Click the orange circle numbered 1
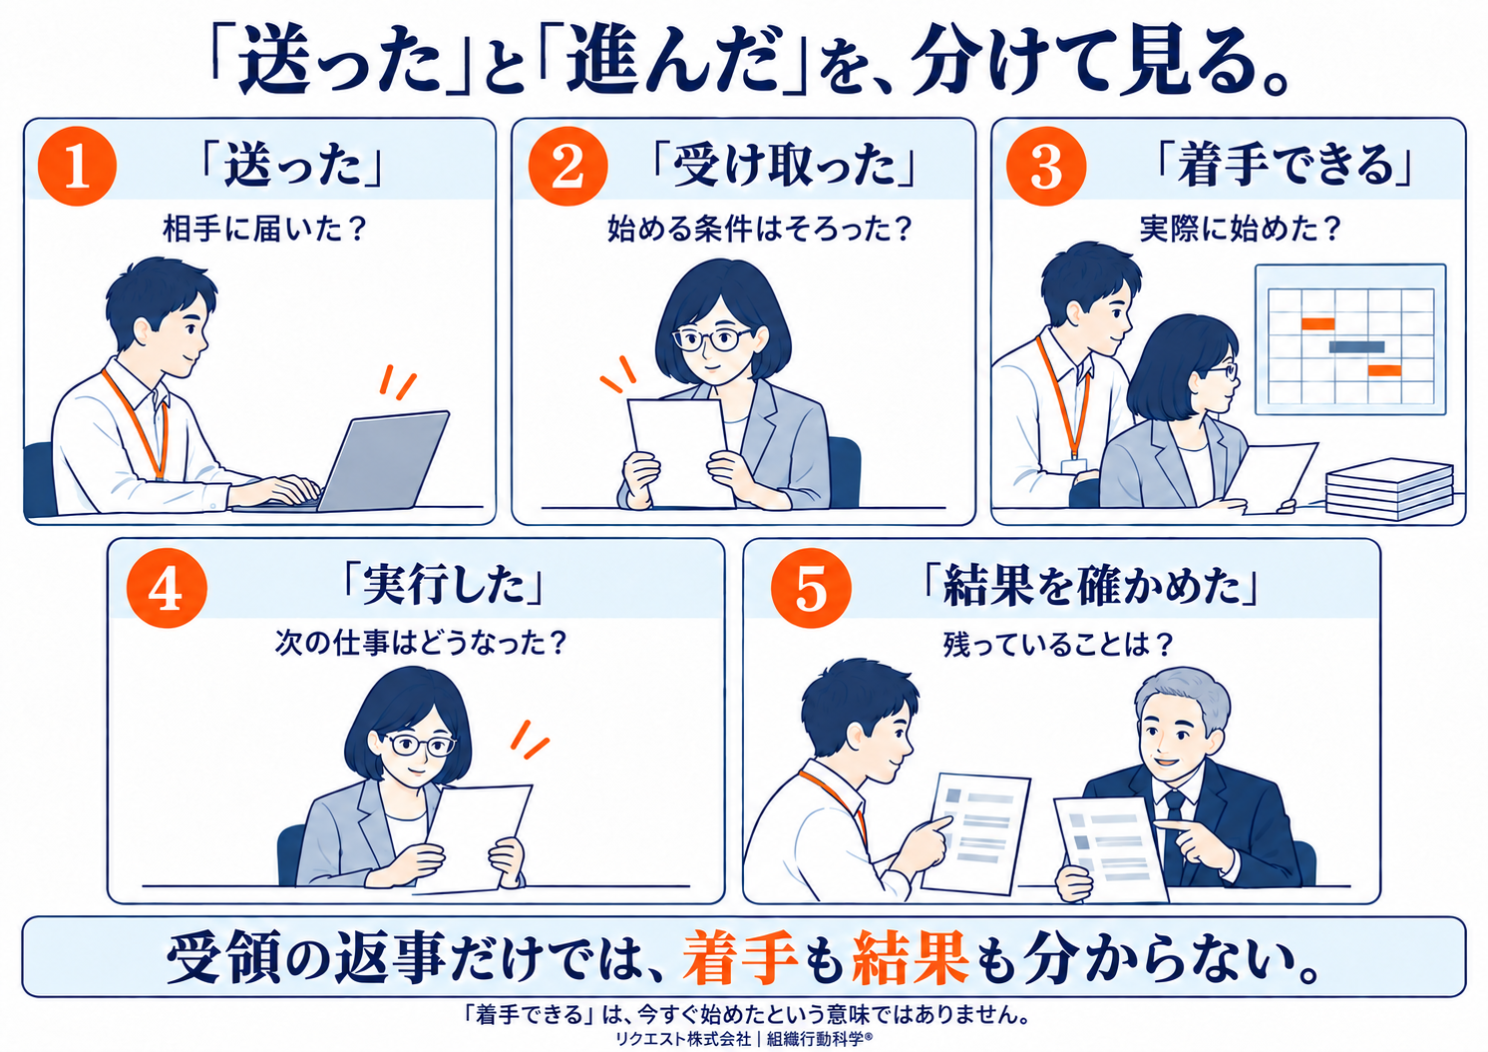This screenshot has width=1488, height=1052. (x=77, y=166)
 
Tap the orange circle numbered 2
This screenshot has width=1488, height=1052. (x=567, y=166)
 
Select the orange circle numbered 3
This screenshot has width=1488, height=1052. (x=1046, y=166)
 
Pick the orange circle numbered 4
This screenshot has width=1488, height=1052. (x=167, y=588)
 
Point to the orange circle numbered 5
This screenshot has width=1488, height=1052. (x=811, y=588)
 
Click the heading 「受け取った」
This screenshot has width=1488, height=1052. (x=784, y=166)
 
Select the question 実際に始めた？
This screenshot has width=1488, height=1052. (x=1241, y=230)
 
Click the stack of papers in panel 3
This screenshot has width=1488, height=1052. (x=1389, y=489)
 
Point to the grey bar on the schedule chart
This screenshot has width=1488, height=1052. (x=1356, y=346)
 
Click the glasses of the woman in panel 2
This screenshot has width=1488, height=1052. (x=711, y=339)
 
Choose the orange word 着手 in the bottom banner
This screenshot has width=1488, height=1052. (x=740, y=957)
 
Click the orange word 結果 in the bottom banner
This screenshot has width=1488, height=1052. (x=911, y=957)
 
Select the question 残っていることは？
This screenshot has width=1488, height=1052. (x=1057, y=645)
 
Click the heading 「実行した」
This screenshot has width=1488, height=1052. (x=443, y=586)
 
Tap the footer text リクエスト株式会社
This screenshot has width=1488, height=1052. (x=683, y=1038)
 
